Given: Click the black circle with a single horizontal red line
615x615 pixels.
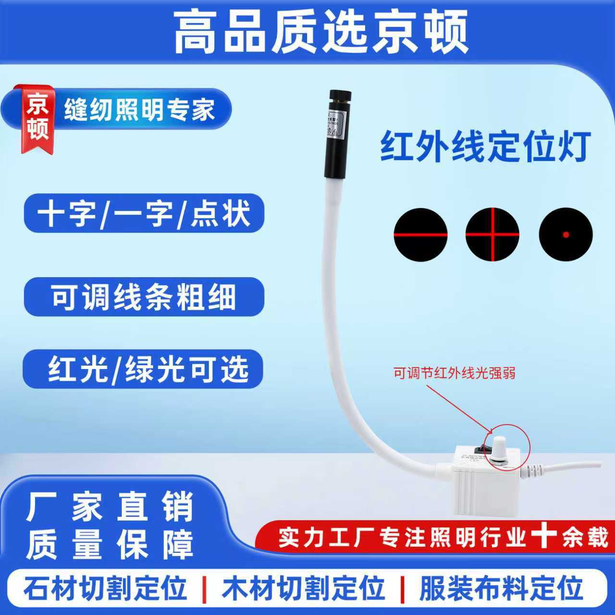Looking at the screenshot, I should tap(420, 235).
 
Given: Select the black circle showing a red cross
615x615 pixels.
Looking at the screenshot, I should tap(492, 235).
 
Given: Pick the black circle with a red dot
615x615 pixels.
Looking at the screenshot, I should tap(566, 235).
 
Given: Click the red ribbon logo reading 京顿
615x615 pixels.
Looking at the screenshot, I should tap(37, 118).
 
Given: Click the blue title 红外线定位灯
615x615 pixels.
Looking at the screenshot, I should tap(485, 147).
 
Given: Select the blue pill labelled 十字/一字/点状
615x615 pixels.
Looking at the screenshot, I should tap(144, 213).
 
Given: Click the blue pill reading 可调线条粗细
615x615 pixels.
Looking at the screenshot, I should tap(144, 297).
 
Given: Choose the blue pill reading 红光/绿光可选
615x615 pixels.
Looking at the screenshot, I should tap(144, 369).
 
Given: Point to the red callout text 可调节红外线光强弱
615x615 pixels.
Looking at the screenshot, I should tap(454, 373).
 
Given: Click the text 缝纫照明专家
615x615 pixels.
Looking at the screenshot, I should tap(139, 110).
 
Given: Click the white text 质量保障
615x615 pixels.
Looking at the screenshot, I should tap(110, 545).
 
